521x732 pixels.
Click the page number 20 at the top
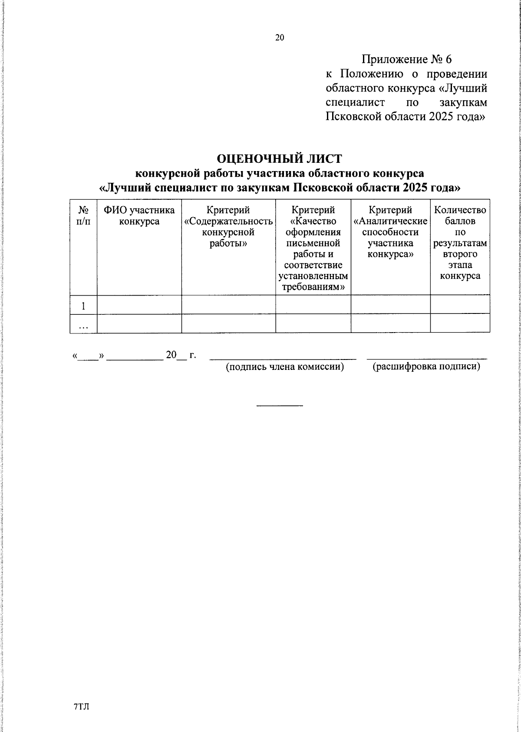point(279,38)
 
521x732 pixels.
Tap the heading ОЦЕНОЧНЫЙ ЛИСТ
point(279,159)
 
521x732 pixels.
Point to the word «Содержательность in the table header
point(228,221)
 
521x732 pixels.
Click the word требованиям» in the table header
point(313,287)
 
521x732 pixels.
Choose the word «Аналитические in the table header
point(390,221)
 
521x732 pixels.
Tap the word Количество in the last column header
point(460,210)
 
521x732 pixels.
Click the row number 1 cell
point(83,305)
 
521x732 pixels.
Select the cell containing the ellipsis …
point(83,324)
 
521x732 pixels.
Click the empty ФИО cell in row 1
point(139,305)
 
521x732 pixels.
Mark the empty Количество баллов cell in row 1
point(460,305)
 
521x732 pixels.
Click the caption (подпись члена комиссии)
point(284,367)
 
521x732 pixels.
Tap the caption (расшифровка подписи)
point(426,367)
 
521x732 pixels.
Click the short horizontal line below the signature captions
point(279,406)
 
